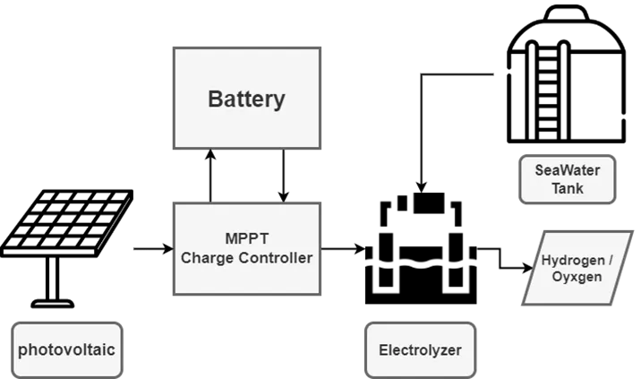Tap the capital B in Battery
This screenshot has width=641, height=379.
(215, 99)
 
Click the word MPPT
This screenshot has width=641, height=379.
(246, 240)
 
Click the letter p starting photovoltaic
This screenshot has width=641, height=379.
(22, 350)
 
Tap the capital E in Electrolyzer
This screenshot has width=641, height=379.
(383, 349)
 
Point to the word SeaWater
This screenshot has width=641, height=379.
(568, 170)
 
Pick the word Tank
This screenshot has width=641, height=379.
(568, 188)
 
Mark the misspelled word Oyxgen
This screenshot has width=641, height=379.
(577, 277)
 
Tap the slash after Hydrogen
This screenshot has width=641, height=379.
(610, 260)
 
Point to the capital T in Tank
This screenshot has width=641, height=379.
(555, 188)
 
